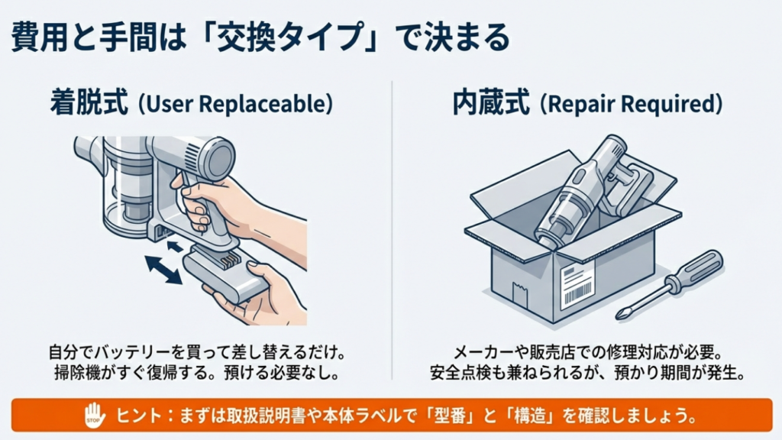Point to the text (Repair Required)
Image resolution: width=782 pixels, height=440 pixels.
point(631,104)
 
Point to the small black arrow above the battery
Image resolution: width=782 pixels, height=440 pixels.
point(175,245)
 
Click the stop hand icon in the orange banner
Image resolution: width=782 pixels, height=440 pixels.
point(93,416)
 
